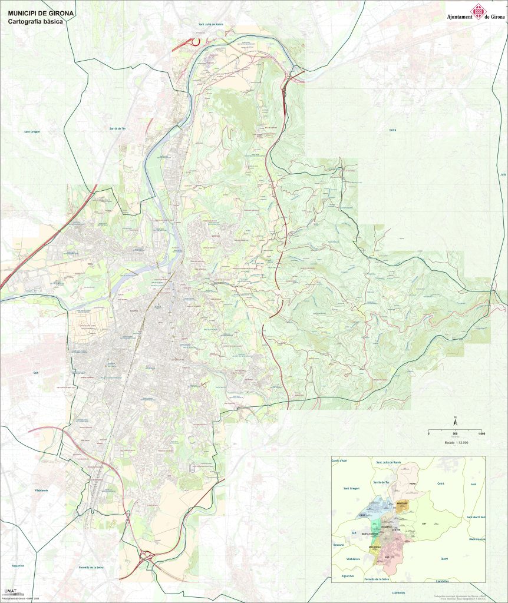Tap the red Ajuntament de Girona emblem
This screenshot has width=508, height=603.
(476, 11)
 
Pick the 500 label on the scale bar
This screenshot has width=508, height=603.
(455, 434)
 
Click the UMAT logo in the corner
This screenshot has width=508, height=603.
(10, 591)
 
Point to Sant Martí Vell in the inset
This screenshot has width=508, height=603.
(475, 517)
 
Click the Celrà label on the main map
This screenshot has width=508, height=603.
(392, 129)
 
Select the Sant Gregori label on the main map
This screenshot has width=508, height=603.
(31, 132)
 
